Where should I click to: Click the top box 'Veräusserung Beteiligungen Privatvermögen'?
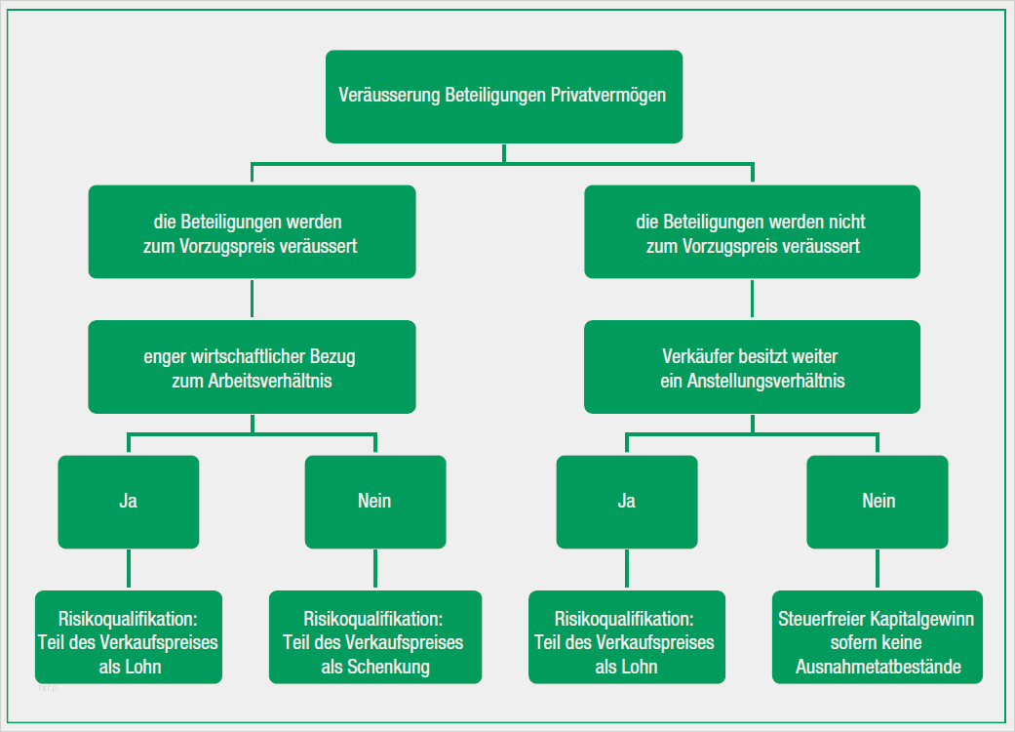tap(503, 97)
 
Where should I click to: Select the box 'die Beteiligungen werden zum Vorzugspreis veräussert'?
tap(252, 232)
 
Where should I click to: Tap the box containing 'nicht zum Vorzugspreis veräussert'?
tap(752, 232)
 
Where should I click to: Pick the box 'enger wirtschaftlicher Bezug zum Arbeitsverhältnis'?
tap(252, 367)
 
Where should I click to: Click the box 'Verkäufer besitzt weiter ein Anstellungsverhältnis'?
tap(752, 367)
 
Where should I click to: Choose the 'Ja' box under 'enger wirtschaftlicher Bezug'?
tap(129, 501)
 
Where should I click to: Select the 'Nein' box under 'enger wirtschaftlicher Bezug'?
tap(375, 501)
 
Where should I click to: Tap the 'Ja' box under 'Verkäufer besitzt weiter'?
tap(627, 501)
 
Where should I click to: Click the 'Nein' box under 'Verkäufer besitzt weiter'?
tap(878, 501)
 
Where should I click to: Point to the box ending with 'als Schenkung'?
tap(375, 636)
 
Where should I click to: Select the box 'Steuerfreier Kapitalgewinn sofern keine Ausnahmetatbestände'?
tap(878, 636)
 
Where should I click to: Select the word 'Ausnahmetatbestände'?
tap(878, 668)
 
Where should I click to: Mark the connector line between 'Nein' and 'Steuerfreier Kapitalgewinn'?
tap(878, 569)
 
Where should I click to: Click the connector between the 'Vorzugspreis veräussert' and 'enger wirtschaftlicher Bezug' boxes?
tap(252, 299)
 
